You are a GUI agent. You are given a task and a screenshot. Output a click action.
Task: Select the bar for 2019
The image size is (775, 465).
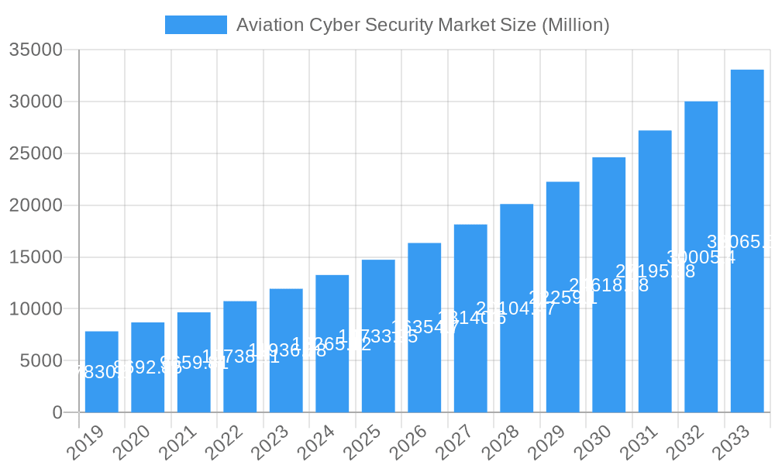pos(102,372)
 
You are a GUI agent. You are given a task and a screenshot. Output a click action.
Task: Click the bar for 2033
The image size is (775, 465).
pos(747,241)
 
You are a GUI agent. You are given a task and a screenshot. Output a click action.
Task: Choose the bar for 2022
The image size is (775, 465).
pos(239,356)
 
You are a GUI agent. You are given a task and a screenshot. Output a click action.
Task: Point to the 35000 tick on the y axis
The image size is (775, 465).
pos(36,50)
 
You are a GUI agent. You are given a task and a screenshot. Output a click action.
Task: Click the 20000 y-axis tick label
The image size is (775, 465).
pos(36,205)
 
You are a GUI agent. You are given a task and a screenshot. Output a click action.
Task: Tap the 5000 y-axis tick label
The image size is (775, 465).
pos(40,361)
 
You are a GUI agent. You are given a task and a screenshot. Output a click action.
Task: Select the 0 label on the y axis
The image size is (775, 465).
pos(57,413)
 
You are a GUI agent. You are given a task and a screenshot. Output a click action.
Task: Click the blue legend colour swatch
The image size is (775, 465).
pos(196,25)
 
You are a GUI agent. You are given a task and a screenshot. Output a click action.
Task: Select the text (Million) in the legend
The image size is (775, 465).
pos(575,25)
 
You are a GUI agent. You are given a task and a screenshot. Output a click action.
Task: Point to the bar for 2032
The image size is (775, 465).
pos(701,257)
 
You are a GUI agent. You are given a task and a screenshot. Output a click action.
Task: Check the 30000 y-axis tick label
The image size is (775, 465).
pos(36,102)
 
